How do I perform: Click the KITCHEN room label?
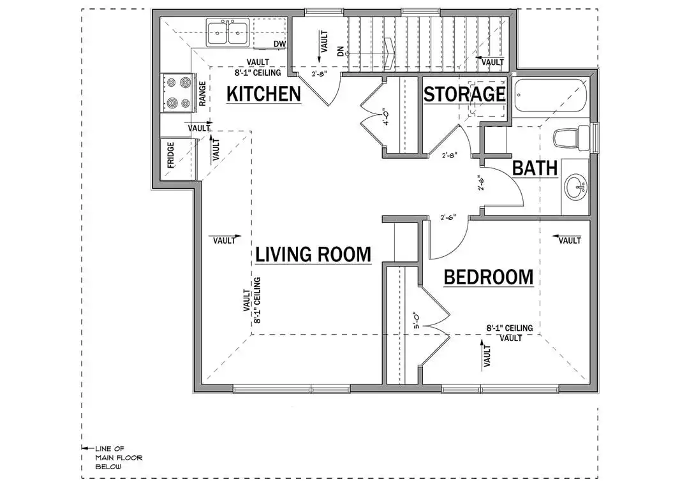coord(263,94)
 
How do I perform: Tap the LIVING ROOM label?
coord(313,254)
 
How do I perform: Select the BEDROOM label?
coord(489,277)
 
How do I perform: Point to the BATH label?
coord(535,168)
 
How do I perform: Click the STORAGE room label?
coord(464,94)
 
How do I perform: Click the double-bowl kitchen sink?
coord(227,33)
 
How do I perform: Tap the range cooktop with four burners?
coord(178,93)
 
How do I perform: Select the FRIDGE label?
coord(170,155)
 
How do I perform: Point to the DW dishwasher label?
coord(280,44)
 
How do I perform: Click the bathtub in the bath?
coord(551,96)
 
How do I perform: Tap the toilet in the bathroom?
coord(572,138)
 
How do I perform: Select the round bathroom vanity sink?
coord(575,187)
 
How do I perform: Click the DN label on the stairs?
coord(341,51)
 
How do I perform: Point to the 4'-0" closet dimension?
coord(387,117)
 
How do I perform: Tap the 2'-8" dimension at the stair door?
coord(319,74)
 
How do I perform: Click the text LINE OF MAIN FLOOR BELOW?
coord(119,458)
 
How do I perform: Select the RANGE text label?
coord(202,94)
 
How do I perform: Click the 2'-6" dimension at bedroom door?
coord(448,217)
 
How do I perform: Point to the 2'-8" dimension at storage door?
coord(449,155)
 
